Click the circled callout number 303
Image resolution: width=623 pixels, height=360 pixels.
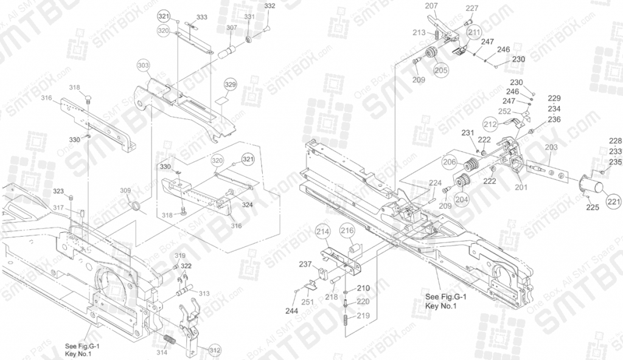143,64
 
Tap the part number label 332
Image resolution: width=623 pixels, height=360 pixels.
270,6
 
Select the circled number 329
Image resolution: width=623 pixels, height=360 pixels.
230,84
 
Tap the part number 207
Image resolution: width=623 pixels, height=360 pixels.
431,6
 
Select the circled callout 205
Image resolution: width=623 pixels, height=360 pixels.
441,70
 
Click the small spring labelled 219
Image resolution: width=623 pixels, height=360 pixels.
346,319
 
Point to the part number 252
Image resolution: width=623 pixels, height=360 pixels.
504,111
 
